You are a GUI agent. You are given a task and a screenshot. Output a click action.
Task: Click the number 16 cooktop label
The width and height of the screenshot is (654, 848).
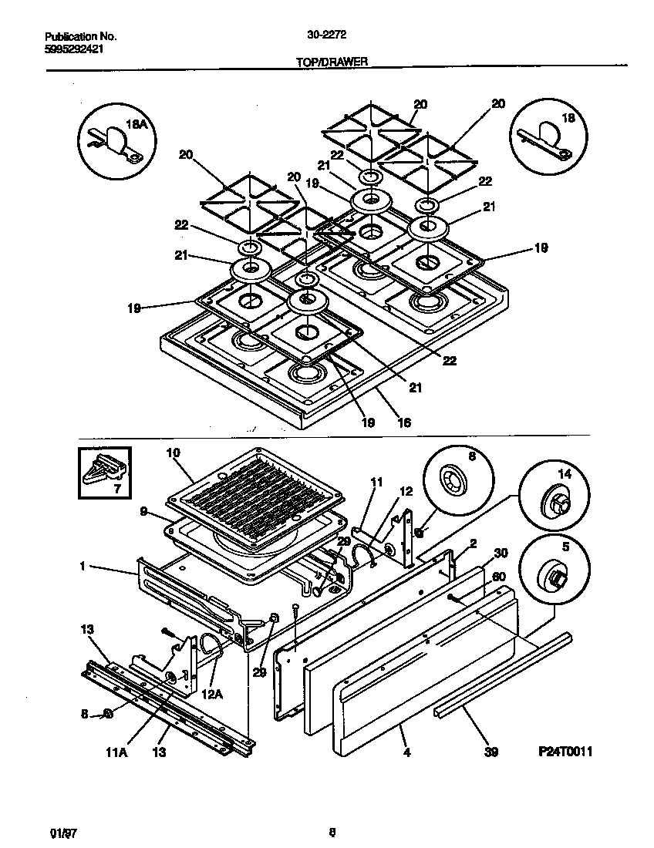tap(403, 422)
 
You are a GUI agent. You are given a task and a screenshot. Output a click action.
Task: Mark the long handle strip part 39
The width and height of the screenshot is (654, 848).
tap(501, 671)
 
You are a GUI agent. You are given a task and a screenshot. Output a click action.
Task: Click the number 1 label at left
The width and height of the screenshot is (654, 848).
tap(81, 567)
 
